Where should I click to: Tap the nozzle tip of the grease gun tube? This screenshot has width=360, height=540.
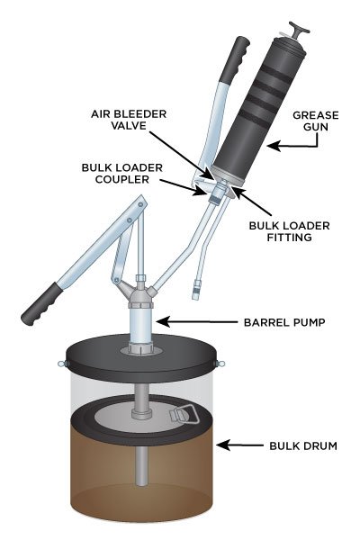[x=195, y=292]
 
